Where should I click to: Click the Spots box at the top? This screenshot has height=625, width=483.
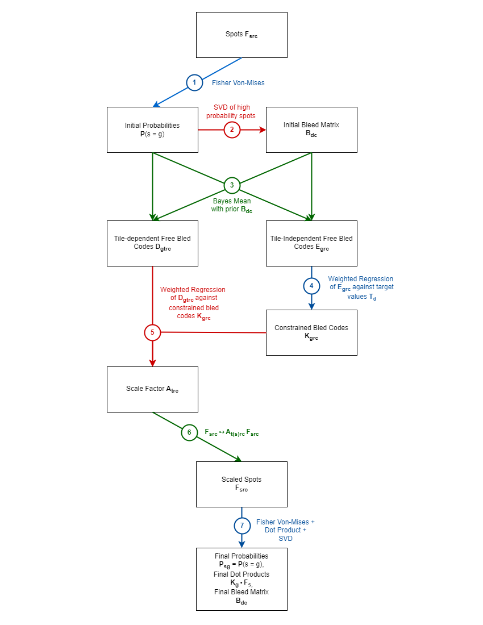coord(241,35)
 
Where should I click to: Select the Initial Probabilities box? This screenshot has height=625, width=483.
coord(152,130)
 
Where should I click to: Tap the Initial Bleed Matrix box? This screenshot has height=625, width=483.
coord(311,130)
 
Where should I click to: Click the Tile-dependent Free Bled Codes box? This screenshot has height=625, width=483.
coord(152,243)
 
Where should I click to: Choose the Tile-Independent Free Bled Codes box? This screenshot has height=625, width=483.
coord(311,243)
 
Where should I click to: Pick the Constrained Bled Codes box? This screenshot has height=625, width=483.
coord(311,332)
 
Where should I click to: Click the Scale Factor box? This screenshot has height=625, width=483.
coord(152,389)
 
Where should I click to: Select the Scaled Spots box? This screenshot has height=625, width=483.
coord(241,484)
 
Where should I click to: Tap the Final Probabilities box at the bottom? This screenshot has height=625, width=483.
coord(241,579)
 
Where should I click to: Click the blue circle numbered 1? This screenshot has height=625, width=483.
coord(194,82)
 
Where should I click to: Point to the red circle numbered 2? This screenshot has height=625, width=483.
coord(232,130)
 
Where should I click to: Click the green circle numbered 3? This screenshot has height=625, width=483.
coord(232,185)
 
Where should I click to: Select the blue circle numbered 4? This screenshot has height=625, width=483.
coord(311,286)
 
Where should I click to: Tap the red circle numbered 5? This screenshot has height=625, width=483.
coord(152,332)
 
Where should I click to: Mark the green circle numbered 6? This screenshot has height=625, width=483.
coord(190,432)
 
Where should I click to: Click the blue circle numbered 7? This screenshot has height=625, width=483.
coord(242,526)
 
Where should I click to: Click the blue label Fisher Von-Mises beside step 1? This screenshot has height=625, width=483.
coord(238,83)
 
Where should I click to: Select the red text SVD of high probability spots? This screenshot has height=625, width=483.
coord(231,111)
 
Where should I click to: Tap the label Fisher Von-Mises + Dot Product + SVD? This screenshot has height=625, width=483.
coord(285,530)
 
